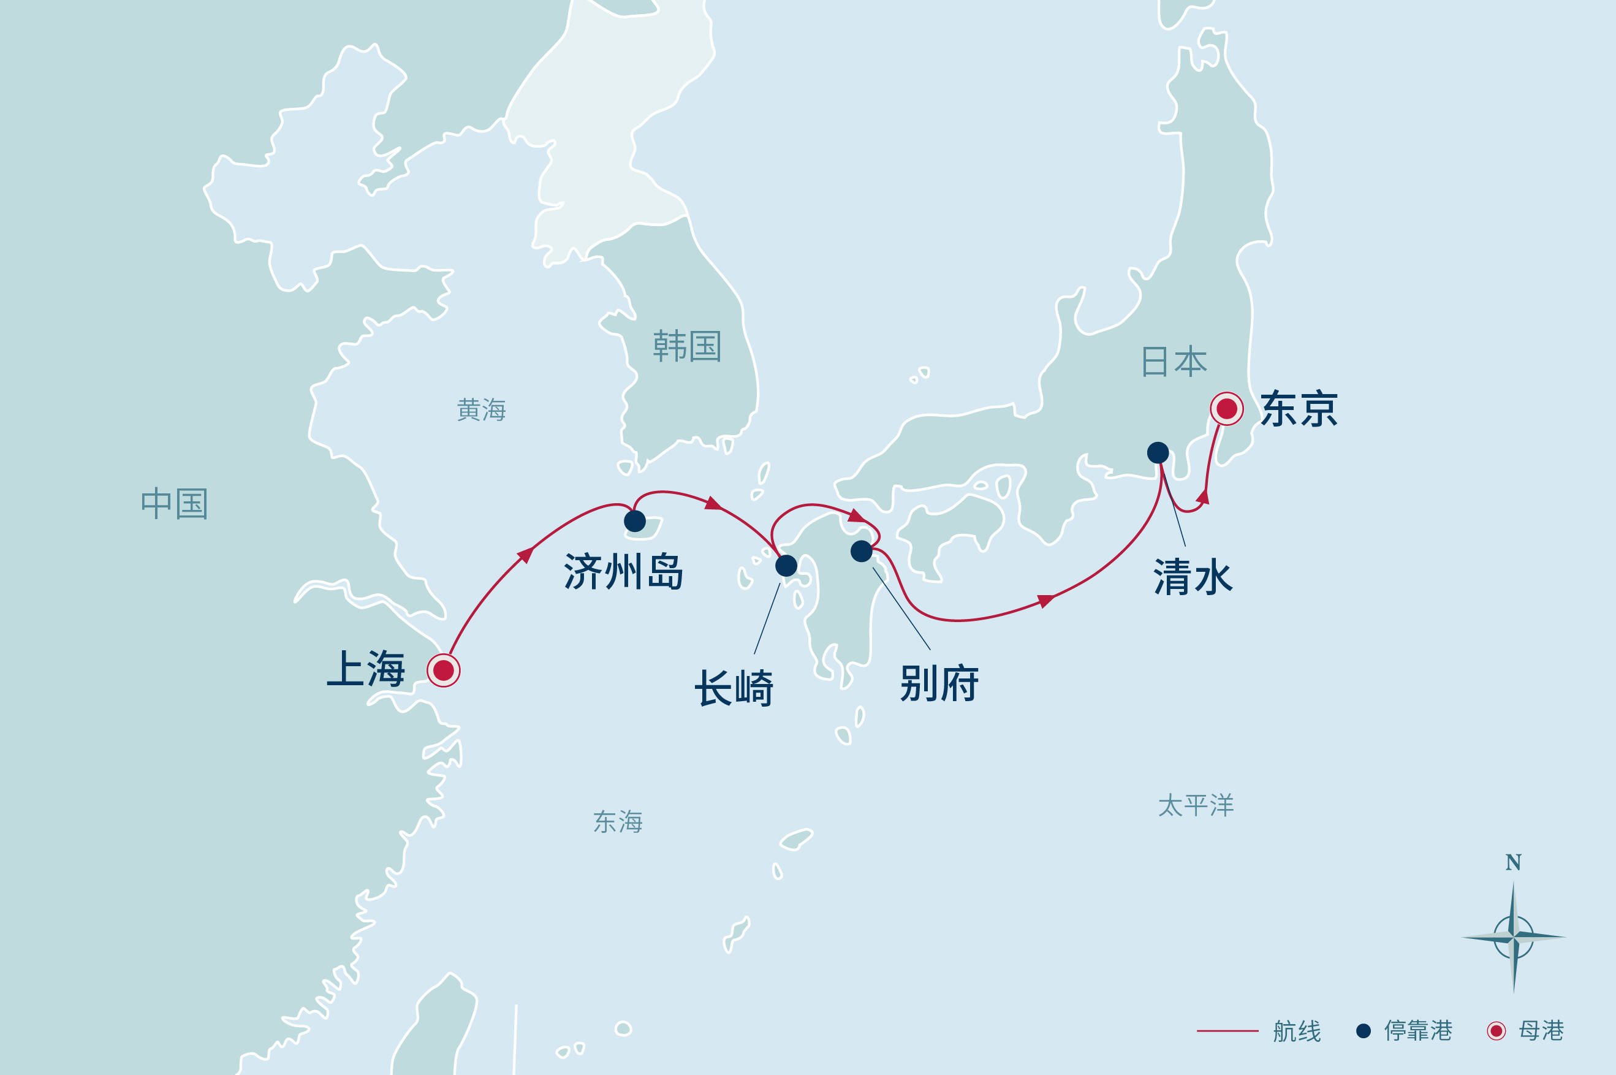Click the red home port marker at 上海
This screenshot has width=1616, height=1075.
[x=444, y=670]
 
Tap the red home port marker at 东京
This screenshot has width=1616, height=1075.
[x=1226, y=409]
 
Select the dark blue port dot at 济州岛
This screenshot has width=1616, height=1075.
[x=635, y=521]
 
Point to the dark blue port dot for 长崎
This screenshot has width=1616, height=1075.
[x=786, y=566]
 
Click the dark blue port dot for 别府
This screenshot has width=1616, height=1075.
[x=862, y=550]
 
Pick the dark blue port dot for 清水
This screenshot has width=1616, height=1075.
[x=1158, y=452]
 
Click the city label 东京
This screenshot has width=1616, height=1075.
[x=1299, y=409]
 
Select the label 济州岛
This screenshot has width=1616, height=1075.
[x=623, y=571]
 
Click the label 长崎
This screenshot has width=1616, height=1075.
[x=734, y=688]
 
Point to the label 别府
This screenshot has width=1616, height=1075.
[x=939, y=683]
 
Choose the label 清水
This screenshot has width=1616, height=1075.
[x=1193, y=577]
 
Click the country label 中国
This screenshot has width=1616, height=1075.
[x=174, y=504]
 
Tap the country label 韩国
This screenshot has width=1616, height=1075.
[x=687, y=346]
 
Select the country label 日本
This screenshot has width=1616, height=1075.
[x=1174, y=362]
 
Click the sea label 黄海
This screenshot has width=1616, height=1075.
[x=481, y=410]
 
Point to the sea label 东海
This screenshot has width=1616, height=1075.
[x=618, y=821]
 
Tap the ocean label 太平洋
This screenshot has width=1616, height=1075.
[x=1196, y=805]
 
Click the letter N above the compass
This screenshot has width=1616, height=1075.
[x=1513, y=862]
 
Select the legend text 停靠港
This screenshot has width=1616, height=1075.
[x=1418, y=1030]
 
